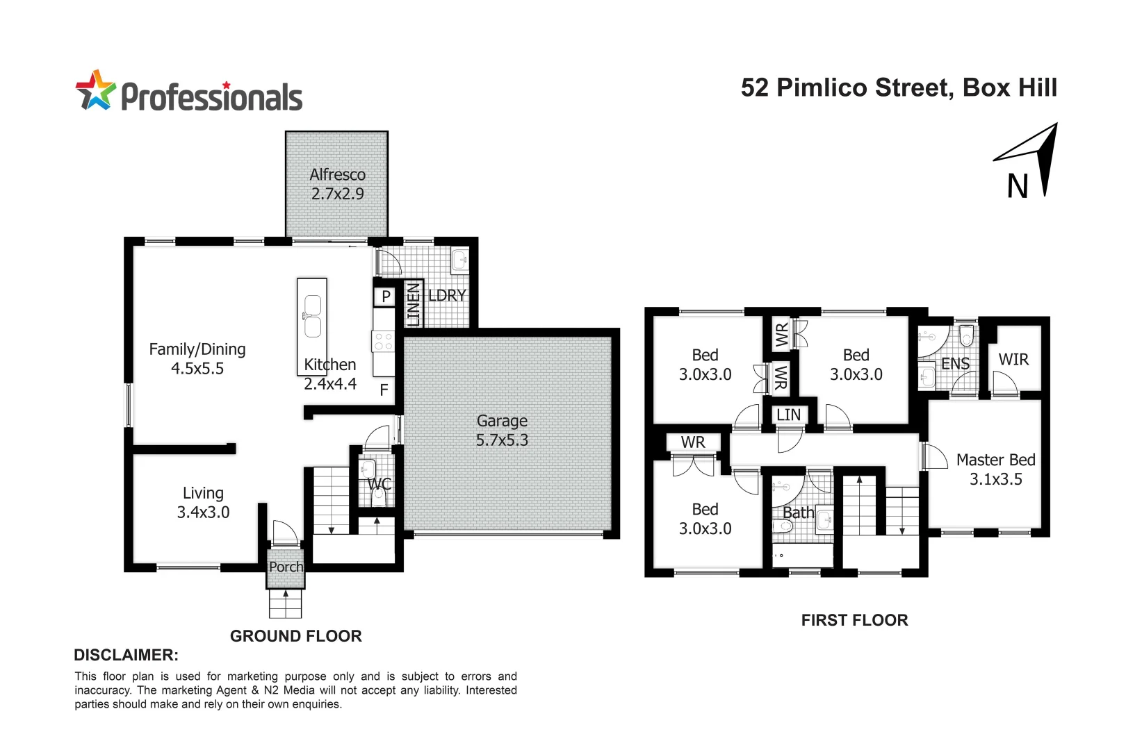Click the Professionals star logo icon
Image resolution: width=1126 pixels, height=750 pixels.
(95, 90)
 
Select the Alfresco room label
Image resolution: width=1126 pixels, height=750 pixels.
(338, 175)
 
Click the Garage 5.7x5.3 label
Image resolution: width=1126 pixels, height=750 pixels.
(502, 431)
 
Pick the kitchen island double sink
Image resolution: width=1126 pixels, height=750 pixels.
(312, 317)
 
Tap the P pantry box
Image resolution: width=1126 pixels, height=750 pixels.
(385, 297)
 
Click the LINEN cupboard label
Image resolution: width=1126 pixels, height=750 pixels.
(413, 304)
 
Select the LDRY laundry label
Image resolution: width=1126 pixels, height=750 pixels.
(447, 296)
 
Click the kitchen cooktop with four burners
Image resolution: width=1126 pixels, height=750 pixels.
(384, 341)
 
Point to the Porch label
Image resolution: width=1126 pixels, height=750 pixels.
(286, 567)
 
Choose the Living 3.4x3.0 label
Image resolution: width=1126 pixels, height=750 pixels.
(203, 503)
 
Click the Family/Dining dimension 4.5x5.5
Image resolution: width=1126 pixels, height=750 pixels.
(197, 369)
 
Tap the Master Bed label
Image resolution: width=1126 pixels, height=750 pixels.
(995, 460)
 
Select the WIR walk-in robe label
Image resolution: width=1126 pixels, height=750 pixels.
(1013, 360)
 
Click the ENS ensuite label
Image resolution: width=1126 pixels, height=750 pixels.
(955, 364)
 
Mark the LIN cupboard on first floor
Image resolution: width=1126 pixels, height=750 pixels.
(788, 415)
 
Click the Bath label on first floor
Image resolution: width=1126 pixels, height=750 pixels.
(798, 513)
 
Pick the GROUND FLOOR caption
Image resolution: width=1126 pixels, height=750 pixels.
(295, 636)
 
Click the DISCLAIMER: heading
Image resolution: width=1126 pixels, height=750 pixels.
(126, 655)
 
